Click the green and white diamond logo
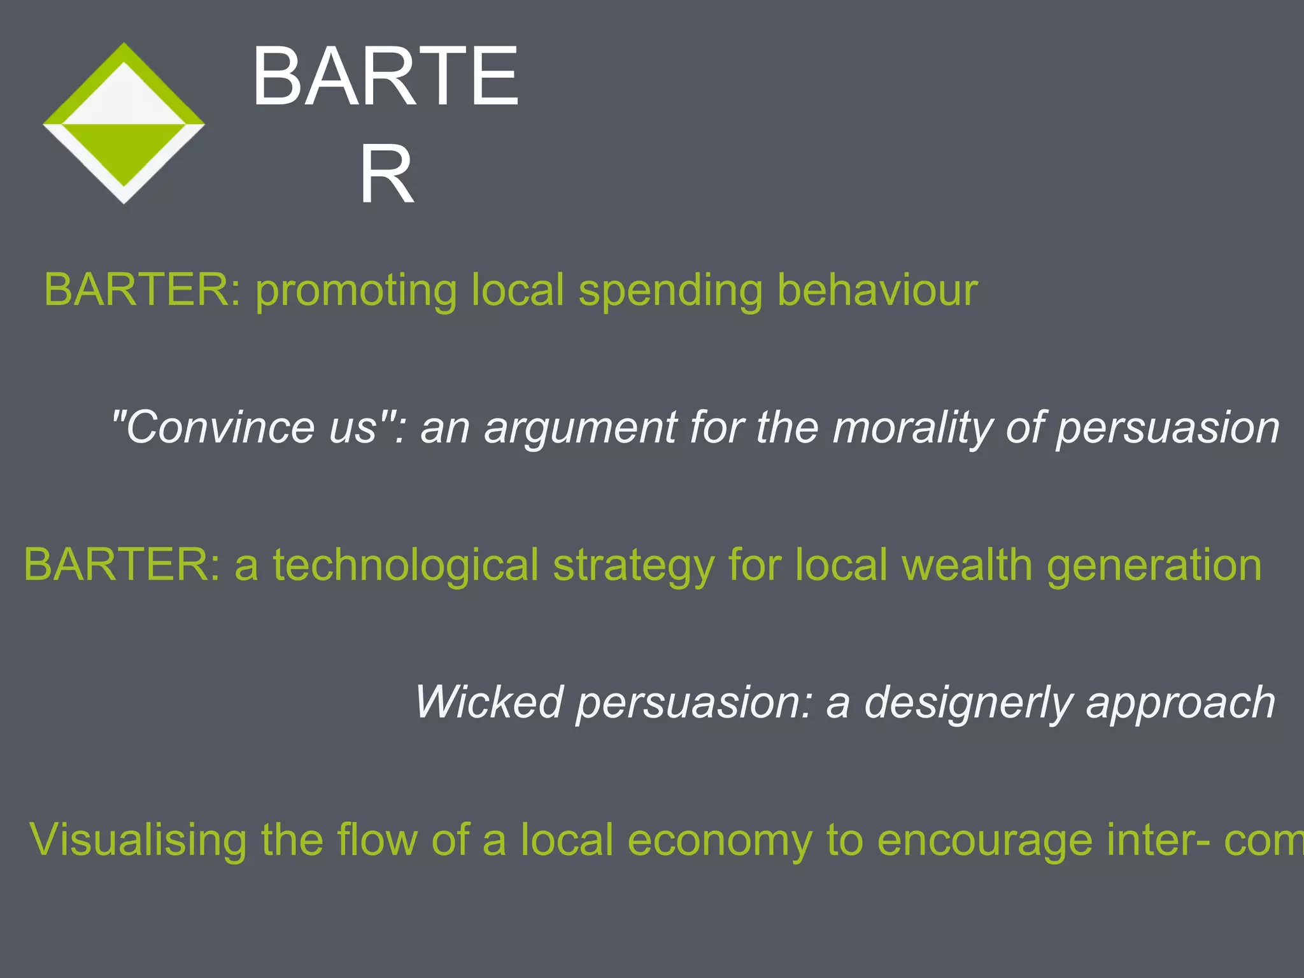(x=124, y=124)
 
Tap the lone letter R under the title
(x=386, y=174)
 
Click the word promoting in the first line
(x=356, y=290)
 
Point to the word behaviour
(x=877, y=290)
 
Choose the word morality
(x=912, y=428)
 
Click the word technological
(x=406, y=565)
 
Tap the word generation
(x=1154, y=565)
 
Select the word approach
(x=1180, y=704)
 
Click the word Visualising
(x=138, y=840)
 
